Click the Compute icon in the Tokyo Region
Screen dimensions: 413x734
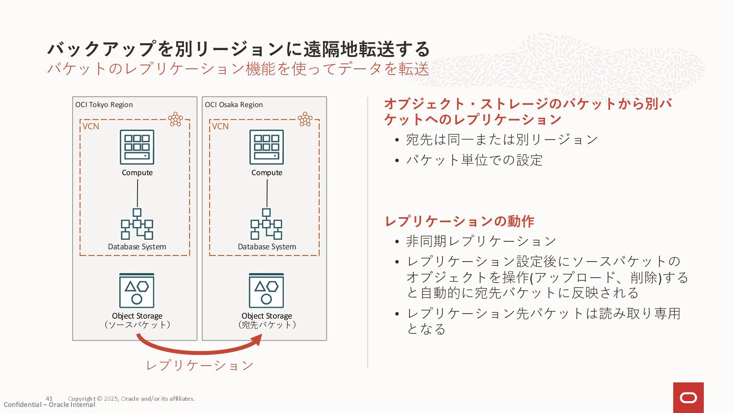(x=137, y=147)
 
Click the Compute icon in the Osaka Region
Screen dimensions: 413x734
(x=266, y=147)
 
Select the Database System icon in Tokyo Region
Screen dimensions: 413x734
(x=137, y=224)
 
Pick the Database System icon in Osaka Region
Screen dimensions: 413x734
(x=266, y=224)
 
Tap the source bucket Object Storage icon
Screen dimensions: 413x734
(x=137, y=291)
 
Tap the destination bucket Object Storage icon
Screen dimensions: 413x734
(x=266, y=291)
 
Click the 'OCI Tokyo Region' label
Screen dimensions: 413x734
(x=104, y=105)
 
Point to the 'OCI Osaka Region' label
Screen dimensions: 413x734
(x=234, y=105)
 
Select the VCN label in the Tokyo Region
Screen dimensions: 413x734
(x=91, y=127)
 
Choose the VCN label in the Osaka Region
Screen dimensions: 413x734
(x=220, y=127)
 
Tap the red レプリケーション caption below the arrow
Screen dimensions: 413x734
(x=200, y=366)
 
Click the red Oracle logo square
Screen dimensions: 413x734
(x=688, y=398)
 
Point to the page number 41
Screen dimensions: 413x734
(x=49, y=398)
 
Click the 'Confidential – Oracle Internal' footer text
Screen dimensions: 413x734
(x=49, y=405)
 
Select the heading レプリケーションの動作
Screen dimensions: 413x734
(x=459, y=221)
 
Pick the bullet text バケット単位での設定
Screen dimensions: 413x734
(x=474, y=160)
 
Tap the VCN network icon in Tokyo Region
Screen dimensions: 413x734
(x=175, y=119)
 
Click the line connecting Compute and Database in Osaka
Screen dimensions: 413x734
(x=267, y=193)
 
